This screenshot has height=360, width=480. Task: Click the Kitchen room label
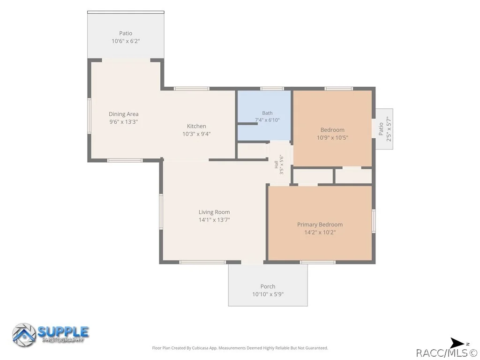coord(196,126)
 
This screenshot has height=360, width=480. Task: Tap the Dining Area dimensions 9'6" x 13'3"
coord(124,121)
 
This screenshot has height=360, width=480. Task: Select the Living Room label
coord(214,212)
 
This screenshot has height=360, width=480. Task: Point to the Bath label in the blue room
coord(267,113)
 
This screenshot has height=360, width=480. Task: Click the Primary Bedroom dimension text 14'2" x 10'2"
coord(320,232)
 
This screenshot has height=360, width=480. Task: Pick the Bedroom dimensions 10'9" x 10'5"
coord(332,137)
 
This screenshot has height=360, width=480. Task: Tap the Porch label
coord(268,286)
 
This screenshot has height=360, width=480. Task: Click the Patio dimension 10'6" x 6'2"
coord(126,41)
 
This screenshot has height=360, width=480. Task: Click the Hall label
coord(276,165)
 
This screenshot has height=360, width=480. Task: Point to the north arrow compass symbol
coord(457,343)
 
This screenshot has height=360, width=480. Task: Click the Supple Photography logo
coord(51,335)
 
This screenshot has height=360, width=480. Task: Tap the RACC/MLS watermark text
coord(447,353)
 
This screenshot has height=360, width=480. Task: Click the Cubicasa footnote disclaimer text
coord(240,348)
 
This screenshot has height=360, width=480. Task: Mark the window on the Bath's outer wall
coord(272,89)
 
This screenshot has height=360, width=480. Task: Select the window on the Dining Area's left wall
coord(90,116)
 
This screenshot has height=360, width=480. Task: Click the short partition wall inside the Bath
coord(247,124)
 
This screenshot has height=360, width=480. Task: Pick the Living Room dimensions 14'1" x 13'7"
coord(214,220)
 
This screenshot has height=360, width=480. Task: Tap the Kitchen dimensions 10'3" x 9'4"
coord(196,134)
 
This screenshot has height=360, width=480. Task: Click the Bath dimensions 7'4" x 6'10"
coord(267,120)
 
